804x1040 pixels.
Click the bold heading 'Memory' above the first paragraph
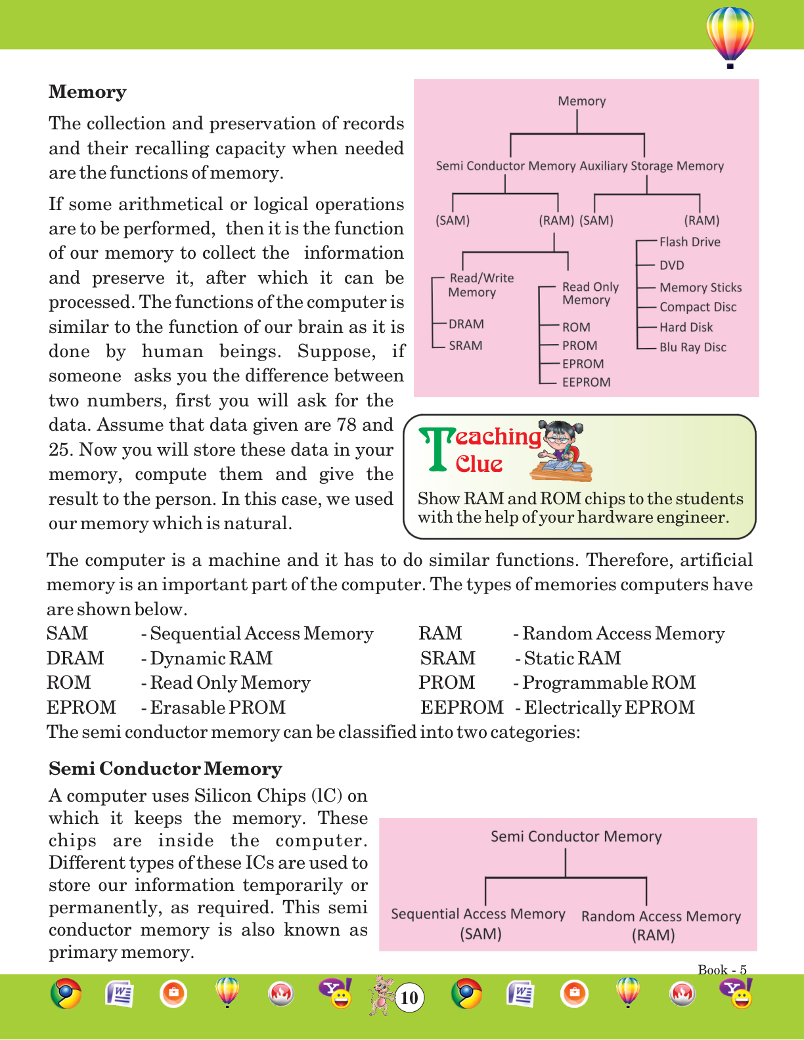point(87,92)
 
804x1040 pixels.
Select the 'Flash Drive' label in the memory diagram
point(690,242)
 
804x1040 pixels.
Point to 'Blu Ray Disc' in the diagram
point(693,347)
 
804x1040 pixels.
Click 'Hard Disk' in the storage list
point(686,327)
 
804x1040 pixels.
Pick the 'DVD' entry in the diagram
point(671,265)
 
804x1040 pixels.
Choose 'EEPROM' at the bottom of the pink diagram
point(586,382)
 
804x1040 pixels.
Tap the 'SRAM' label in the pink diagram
point(465,345)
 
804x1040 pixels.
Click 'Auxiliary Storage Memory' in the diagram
point(652,166)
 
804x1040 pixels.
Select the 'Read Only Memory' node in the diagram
point(590,293)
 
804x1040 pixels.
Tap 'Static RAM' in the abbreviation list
point(572,658)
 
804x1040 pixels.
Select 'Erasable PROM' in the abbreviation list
point(217,707)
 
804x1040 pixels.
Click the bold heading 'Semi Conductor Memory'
point(166,769)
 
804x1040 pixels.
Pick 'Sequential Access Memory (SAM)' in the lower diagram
point(478,923)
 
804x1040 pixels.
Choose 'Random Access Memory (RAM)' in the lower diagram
point(660,925)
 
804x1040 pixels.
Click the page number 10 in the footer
point(409,998)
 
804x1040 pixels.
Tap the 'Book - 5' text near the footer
point(722,970)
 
